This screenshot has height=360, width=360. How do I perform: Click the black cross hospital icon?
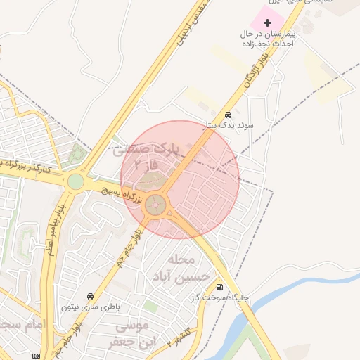[266, 22]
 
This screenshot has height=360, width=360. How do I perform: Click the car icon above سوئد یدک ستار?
[228, 115]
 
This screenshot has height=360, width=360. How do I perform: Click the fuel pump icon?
[221, 287]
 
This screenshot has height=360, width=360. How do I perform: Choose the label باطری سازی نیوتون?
[90, 307]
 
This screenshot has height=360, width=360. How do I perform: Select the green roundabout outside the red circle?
[75, 181]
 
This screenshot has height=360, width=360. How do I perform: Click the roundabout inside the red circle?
[157, 206]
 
